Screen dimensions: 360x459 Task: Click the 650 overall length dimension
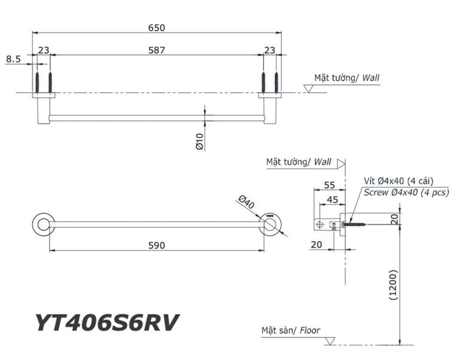(x=157, y=27)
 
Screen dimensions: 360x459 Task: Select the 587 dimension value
(x=157, y=50)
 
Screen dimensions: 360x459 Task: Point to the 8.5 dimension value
(x=13, y=59)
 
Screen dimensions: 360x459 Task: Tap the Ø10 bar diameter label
(x=200, y=141)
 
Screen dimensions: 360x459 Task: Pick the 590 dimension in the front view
(x=157, y=245)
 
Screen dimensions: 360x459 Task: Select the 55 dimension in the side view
(x=329, y=185)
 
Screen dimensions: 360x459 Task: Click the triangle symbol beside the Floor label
(x=329, y=341)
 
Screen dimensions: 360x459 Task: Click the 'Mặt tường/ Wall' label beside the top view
(x=347, y=78)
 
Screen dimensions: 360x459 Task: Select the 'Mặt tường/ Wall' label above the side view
(x=299, y=162)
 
